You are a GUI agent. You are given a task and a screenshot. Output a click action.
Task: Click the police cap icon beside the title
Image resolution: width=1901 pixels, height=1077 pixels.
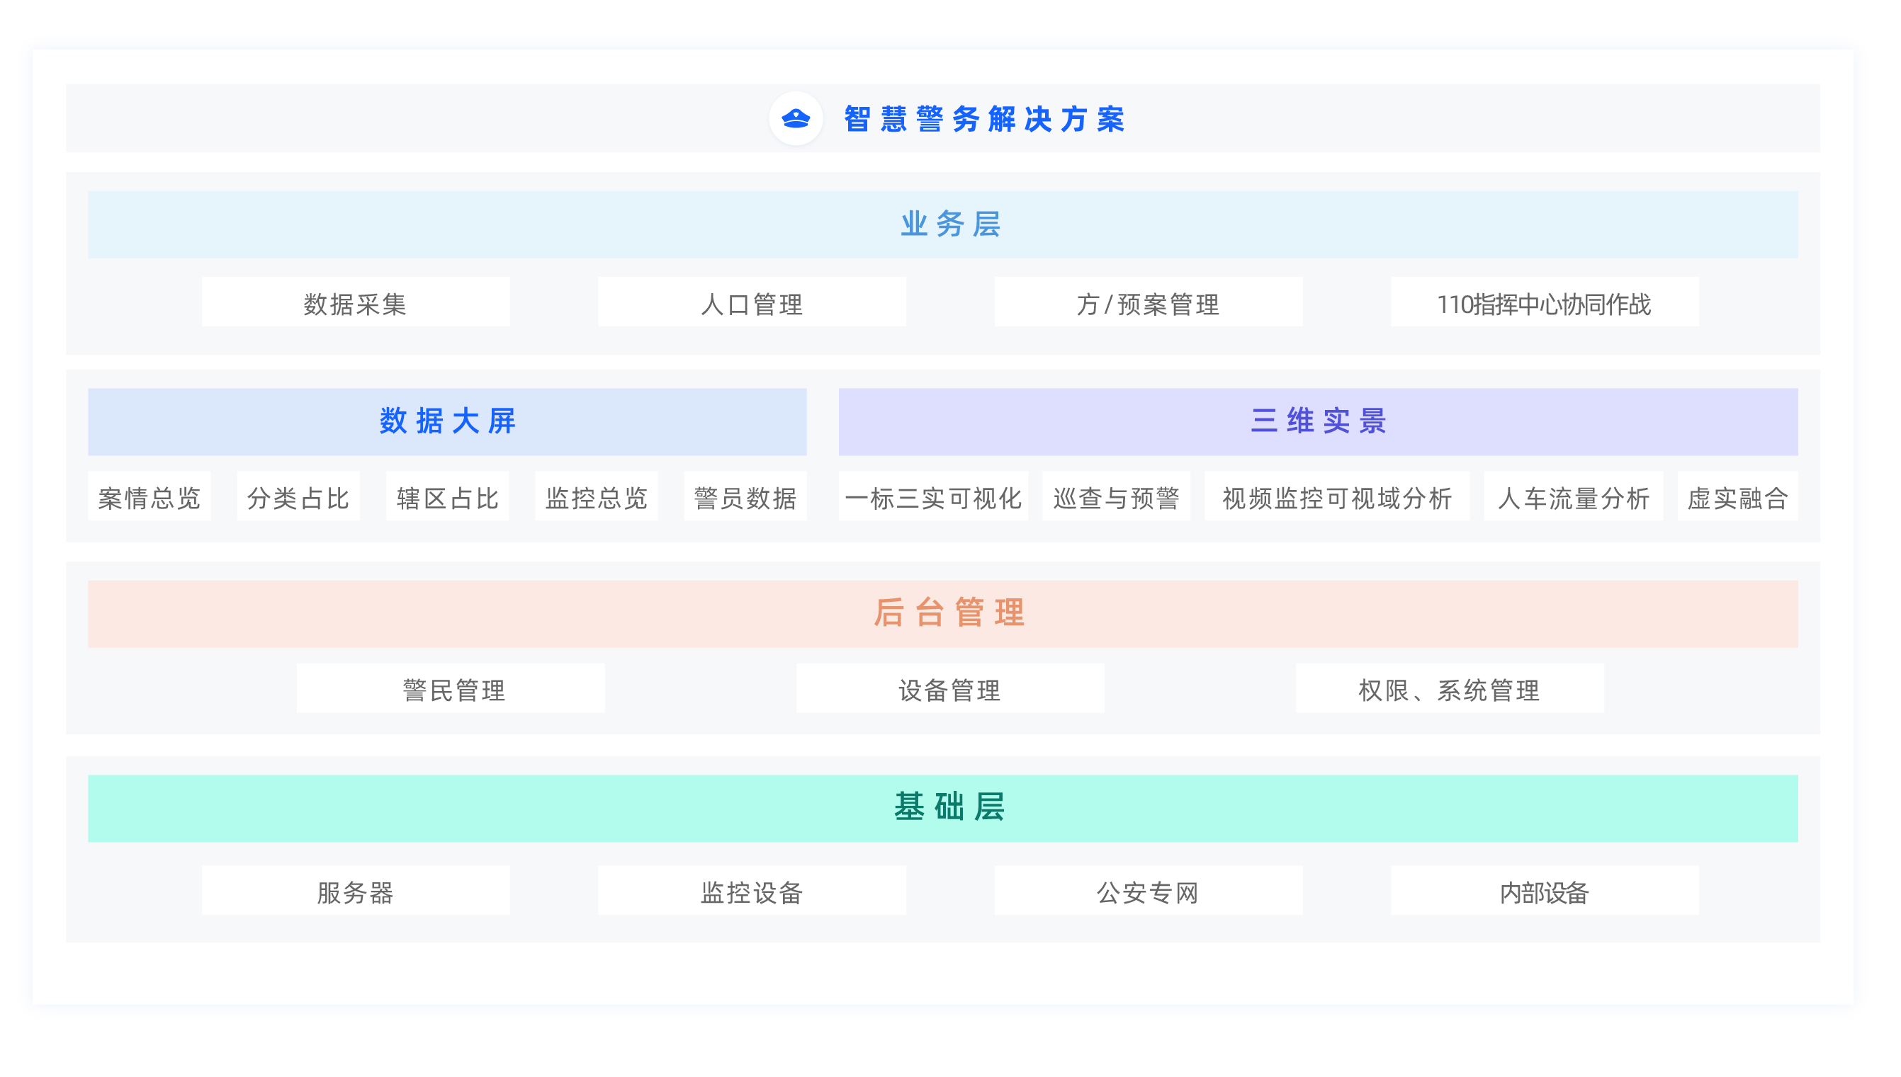click(796, 118)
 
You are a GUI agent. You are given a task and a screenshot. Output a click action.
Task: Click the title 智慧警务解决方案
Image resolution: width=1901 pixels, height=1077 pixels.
click(984, 119)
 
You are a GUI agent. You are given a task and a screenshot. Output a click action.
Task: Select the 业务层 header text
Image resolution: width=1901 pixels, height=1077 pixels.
click(950, 224)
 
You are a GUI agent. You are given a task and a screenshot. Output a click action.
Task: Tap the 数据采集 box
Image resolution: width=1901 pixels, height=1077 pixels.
click(355, 303)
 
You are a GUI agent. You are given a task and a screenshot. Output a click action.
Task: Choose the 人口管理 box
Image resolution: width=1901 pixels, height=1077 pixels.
click(752, 303)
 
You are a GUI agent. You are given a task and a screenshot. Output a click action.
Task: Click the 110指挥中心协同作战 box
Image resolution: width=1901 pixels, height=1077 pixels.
click(1544, 303)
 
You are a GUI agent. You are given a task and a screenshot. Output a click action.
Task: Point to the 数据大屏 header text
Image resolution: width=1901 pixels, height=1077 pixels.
click(447, 421)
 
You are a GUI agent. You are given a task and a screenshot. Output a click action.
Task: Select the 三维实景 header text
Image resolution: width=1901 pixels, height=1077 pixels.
click(1318, 421)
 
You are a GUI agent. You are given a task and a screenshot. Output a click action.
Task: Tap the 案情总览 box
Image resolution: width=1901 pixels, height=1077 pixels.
click(150, 497)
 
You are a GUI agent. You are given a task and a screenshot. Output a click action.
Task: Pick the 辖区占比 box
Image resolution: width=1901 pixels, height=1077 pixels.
click(447, 497)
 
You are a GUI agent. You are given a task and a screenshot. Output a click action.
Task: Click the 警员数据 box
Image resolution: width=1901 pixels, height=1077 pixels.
click(745, 497)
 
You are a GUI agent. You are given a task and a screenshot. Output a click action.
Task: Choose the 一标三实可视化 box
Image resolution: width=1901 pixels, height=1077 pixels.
click(933, 497)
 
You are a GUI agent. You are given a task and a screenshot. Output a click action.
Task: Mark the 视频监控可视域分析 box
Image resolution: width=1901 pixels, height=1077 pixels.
click(1336, 497)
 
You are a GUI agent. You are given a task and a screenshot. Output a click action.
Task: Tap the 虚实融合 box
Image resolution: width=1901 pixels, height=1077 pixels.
click(1737, 497)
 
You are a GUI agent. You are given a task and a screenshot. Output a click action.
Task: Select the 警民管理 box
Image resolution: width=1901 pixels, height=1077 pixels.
click(451, 689)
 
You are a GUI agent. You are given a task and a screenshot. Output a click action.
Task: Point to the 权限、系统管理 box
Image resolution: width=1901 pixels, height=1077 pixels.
click(1449, 689)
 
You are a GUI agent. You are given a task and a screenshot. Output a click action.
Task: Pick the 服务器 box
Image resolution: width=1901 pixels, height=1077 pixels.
click(355, 891)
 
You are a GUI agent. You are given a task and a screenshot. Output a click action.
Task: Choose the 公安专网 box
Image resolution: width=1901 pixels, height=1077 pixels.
click(1148, 891)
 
